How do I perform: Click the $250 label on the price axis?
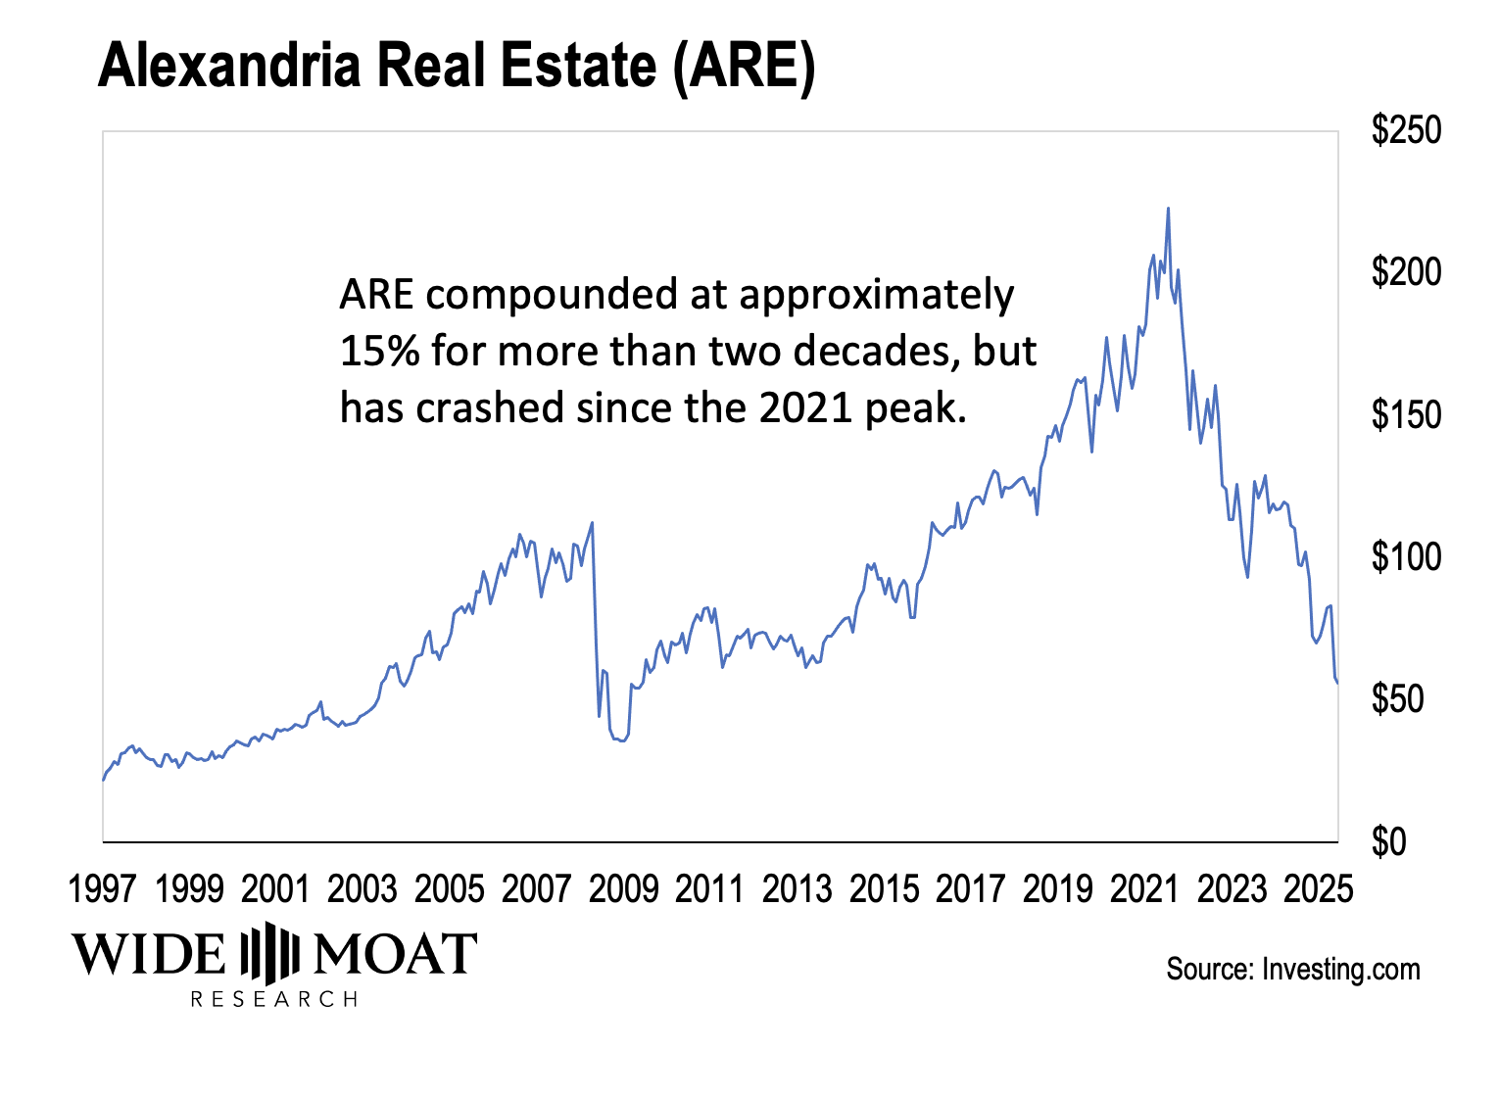coord(1406,130)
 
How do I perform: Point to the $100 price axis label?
coord(1406,557)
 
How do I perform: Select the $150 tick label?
coord(1406,415)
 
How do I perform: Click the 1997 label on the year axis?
coord(103,889)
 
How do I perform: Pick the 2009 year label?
coord(623,889)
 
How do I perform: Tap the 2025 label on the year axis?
coord(1318,889)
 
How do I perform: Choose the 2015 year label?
coord(884,889)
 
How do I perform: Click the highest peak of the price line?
coord(1168,208)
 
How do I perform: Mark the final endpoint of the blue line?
coord(1337,682)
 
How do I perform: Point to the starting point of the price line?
coord(103,780)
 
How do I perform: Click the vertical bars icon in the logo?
coord(269,953)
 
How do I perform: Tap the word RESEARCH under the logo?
coord(274,999)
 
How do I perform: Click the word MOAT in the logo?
coord(394,953)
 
